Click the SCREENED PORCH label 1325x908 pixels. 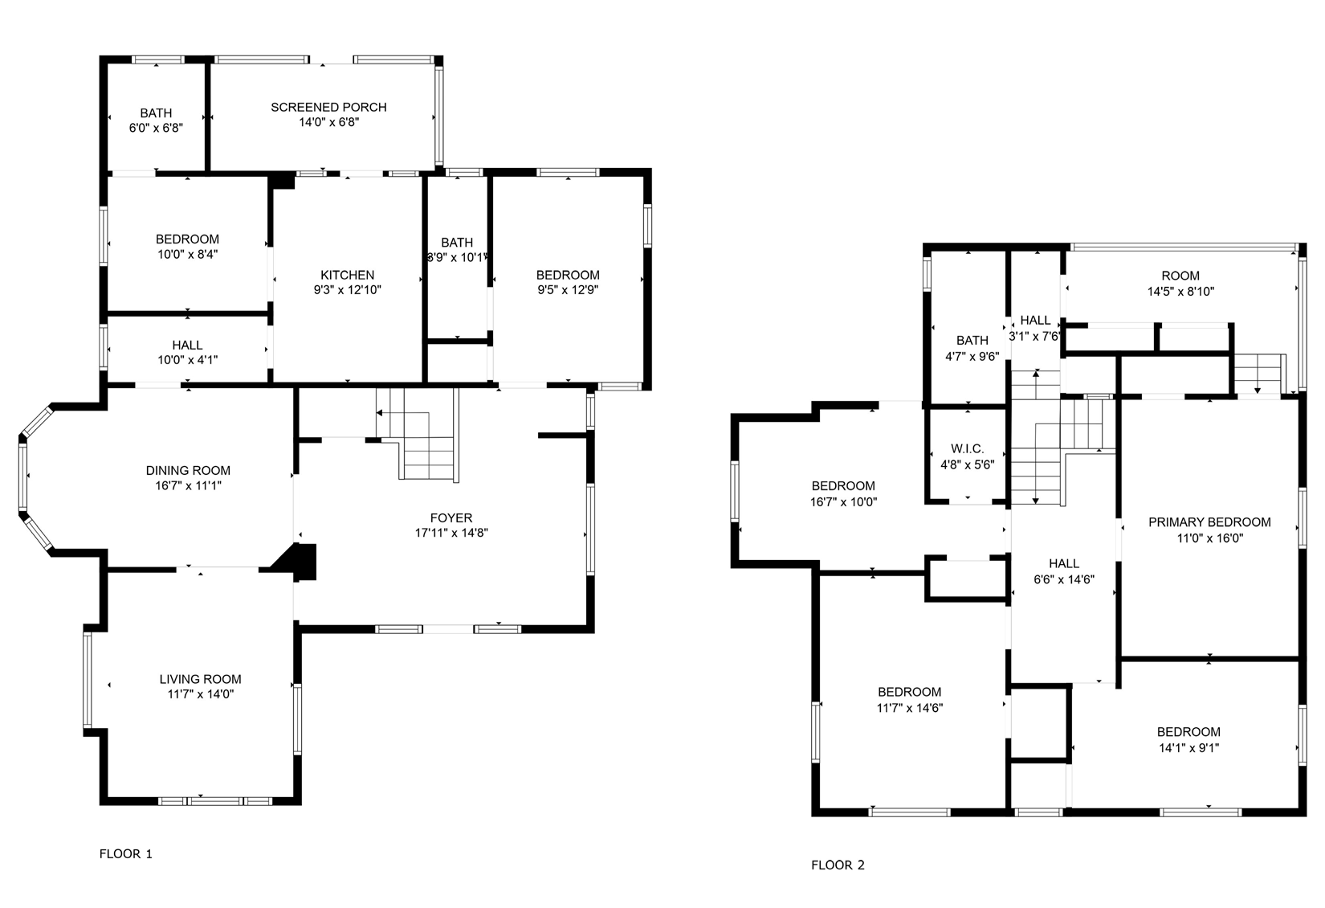click(328, 107)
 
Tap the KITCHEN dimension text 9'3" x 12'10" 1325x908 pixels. click(347, 290)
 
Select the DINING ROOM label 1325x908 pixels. click(188, 471)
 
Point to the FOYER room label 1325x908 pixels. click(450, 518)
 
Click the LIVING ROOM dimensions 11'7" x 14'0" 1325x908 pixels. click(200, 694)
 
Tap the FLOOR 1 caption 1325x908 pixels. click(125, 853)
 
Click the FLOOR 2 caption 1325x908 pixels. click(838, 865)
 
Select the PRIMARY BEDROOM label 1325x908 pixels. click(1209, 522)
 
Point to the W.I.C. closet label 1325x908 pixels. click(967, 449)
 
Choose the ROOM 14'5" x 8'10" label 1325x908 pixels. click(1180, 284)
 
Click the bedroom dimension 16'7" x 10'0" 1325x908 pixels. click(843, 501)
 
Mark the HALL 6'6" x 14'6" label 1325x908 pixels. click(1063, 571)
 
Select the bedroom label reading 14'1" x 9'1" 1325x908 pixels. click(1188, 739)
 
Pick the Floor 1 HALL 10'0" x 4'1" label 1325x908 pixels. click(187, 353)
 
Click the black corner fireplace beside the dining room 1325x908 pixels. click(301, 561)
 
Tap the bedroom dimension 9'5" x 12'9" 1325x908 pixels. click(568, 290)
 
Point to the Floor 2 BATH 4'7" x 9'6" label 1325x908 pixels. click(972, 348)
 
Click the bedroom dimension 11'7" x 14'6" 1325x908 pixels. click(909, 700)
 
